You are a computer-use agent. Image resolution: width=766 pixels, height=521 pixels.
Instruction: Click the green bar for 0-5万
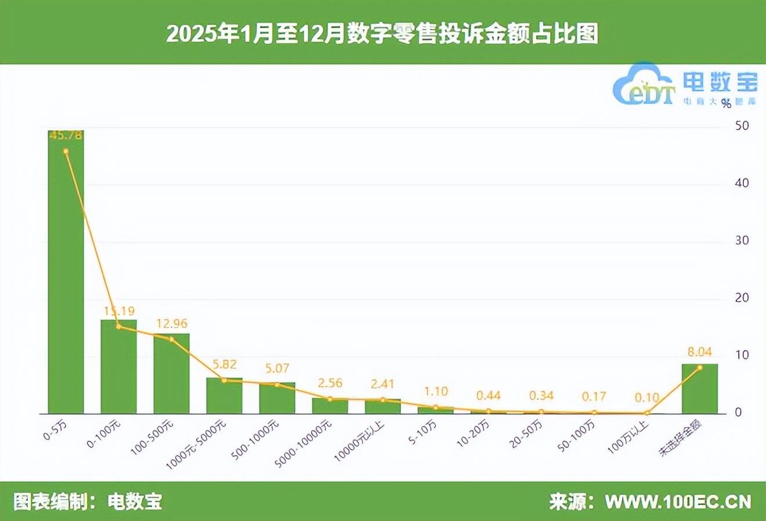click(x=66, y=273)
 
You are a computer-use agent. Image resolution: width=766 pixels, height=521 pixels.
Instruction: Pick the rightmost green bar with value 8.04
click(x=699, y=389)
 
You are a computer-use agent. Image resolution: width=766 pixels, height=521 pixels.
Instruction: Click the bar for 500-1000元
click(x=277, y=398)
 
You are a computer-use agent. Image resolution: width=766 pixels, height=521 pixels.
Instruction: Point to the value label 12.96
click(x=172, y=324)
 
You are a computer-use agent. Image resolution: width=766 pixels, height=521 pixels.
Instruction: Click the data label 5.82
click(x=224, y=364)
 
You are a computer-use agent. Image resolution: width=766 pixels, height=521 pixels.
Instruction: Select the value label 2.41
click(x=382, y=383)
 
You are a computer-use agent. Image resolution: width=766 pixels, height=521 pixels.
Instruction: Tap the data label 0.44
click(x=488, y=396)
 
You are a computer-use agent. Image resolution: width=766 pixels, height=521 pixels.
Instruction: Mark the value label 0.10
click(x=646, y=398)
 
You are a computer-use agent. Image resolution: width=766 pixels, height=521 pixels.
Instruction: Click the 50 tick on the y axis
click(x=742, y=125)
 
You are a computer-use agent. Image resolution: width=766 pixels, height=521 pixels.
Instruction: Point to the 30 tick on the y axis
click(x=742, y=240)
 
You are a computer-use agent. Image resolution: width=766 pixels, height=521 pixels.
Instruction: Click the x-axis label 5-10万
click(x=422, y=433)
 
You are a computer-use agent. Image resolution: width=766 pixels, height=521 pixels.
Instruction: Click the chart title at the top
click(x=382, y=34)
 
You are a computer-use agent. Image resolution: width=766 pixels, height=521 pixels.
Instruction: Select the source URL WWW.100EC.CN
click(x=678, y=501)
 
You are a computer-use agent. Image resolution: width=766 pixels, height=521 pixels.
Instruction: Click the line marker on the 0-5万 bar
click(x=66, y=151)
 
